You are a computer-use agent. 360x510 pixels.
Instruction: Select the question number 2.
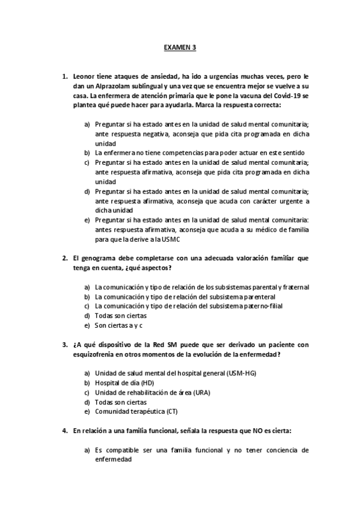[x=64, y=257]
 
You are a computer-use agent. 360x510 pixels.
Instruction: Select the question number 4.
[x=64, y=431]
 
